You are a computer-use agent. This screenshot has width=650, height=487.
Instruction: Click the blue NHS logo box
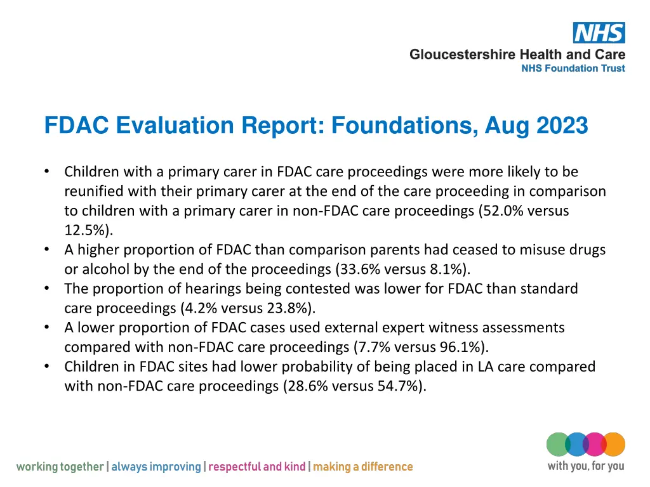pyautogui.click(x=599, y=33)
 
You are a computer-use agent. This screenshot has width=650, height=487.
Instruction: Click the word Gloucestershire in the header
pyautogui.click(x=462, y=55)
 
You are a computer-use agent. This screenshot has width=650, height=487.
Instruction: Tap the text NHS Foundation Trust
pyautogui.click(x=573, y=68)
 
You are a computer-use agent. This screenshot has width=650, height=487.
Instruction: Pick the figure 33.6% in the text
pyautogui.click(x=359, y=269)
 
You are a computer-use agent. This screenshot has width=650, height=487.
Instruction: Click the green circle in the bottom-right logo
pyautogui.click(x=558, y=444)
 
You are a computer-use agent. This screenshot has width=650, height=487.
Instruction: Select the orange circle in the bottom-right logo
pyautogui.click(x=613, y=444)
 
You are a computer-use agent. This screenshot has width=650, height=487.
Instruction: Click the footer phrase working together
pyautogui.click(x=60, y=467)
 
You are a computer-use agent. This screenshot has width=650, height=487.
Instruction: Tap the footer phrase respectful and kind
pyautogui.click(x=256, y=467)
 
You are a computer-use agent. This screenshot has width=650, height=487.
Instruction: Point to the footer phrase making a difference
pyautogui.click(x=362, y=467)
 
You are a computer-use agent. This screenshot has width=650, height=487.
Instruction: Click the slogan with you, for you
pyautogui.click(x=585, y=467)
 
